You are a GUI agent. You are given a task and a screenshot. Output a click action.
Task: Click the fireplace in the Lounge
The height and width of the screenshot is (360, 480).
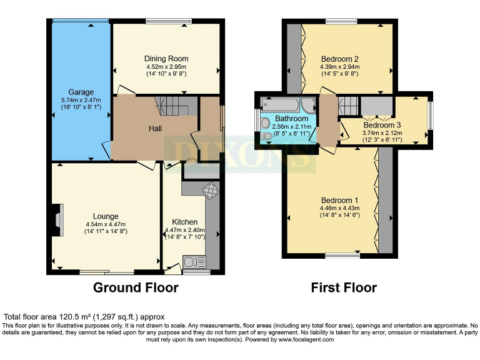pos(58,220)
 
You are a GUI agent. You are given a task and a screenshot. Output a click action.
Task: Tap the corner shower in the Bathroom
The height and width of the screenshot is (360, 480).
pos(308,104)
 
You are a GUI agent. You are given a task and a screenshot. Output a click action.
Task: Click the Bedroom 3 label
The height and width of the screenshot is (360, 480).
pos(382,125)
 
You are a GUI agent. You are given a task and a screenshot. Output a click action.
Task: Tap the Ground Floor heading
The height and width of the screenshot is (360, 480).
pos(136,287)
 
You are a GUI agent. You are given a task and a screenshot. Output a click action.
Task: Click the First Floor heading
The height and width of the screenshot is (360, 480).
pos(344,287)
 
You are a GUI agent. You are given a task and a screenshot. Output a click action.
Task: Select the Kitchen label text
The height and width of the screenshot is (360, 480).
pos(185,222)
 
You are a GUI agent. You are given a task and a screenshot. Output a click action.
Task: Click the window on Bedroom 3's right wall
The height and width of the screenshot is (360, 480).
pos(430,115)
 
